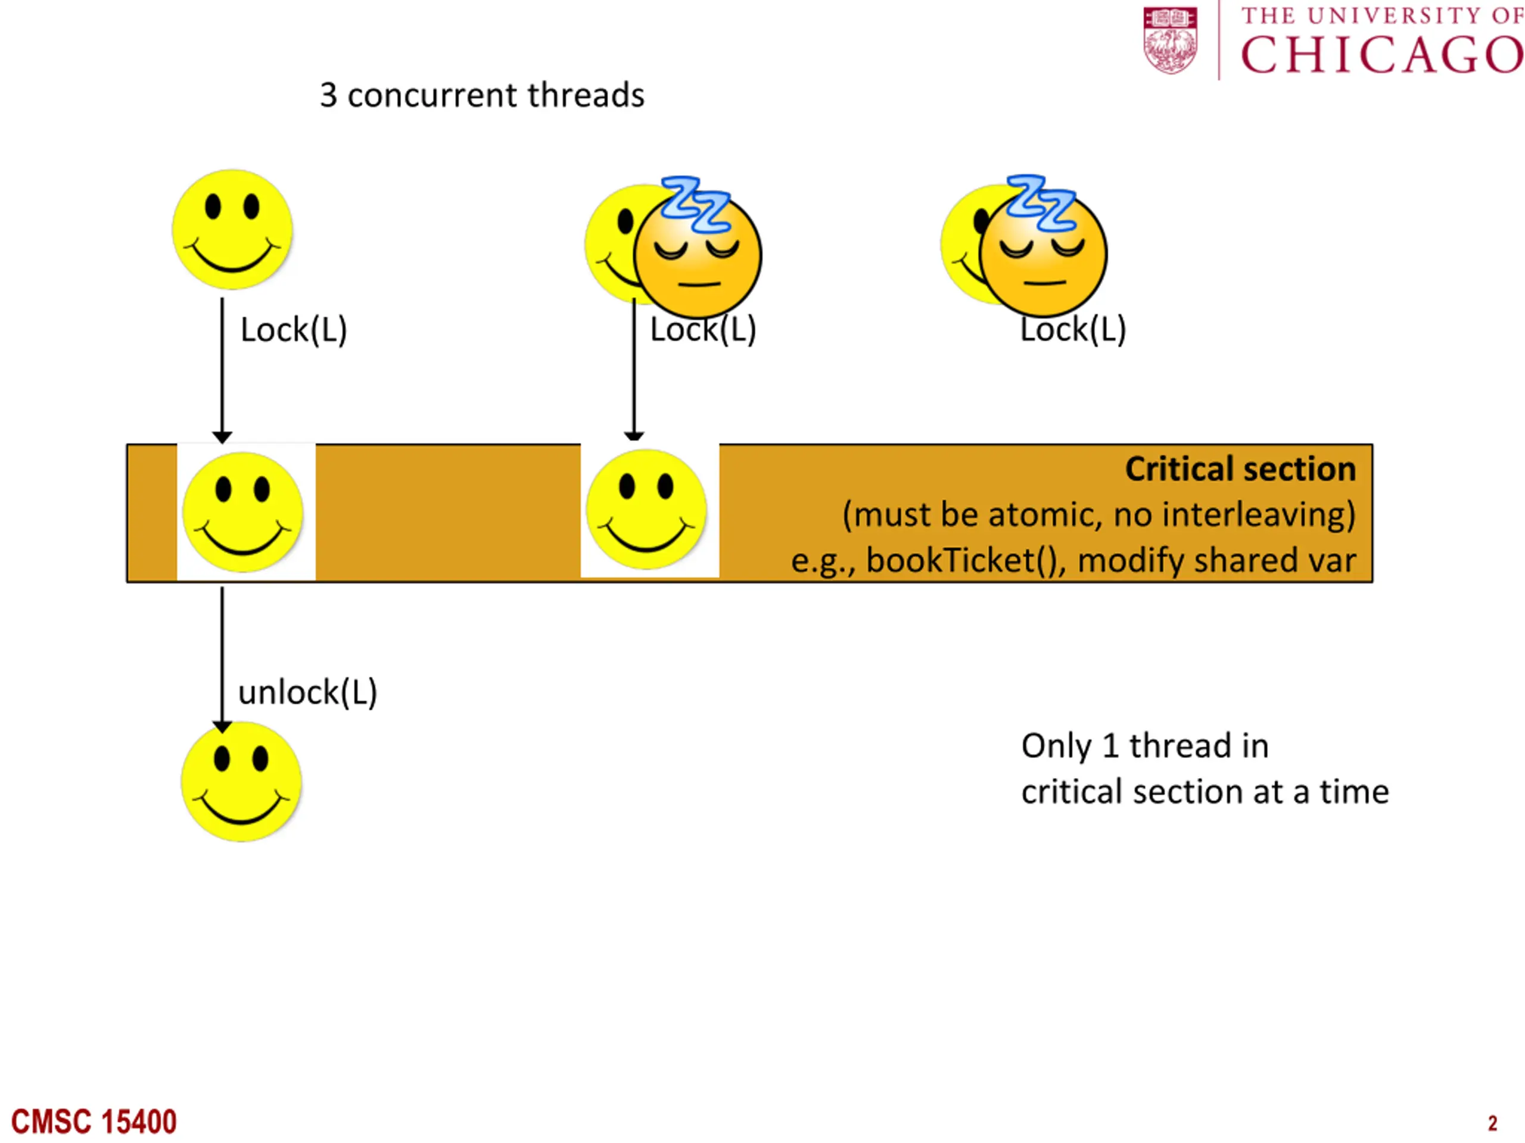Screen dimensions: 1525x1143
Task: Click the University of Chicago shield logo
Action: [x=1171, y=40]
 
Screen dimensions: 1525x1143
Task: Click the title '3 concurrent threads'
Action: [x=482, y=95]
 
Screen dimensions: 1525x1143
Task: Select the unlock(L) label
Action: [x=307, y=692]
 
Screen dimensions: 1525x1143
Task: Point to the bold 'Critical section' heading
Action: [x=1240, y=469]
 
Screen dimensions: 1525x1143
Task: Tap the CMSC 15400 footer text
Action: [x=94, y=1122]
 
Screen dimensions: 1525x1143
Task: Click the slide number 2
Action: [x=1493, y=1124]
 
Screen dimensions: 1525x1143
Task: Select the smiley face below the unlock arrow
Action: [x=241, y=781]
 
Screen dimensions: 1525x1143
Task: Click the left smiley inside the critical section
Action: [x=242, y=512]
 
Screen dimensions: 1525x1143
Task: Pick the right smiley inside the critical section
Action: [x=646, y=509]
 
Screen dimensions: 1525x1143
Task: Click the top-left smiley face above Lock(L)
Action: [x=232, y=229]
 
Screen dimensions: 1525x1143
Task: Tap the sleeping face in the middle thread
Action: [x=698, y=255]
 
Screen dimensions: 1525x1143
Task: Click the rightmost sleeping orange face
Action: [x=1043, y=254]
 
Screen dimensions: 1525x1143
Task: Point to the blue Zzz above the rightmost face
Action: [x=1041, y=202]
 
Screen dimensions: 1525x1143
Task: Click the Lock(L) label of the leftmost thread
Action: [x=294, y=330]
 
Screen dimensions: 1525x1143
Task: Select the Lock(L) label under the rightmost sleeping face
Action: [x=1073, y=330]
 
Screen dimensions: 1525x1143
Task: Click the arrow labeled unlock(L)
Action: [x=222, y=660]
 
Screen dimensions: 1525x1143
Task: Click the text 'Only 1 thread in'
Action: [x=1145, y=745]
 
